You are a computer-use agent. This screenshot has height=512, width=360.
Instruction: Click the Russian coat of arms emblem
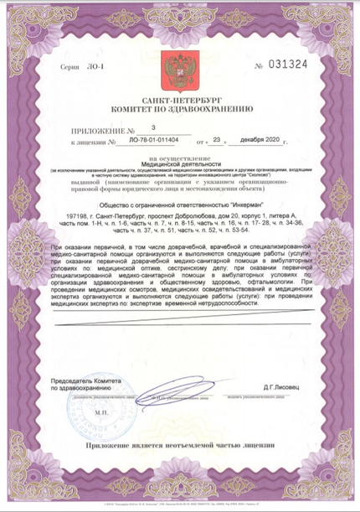point(177,66)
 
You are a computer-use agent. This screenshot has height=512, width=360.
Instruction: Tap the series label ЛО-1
point(85,65)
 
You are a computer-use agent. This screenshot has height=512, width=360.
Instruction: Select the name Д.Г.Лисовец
point(285,388)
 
